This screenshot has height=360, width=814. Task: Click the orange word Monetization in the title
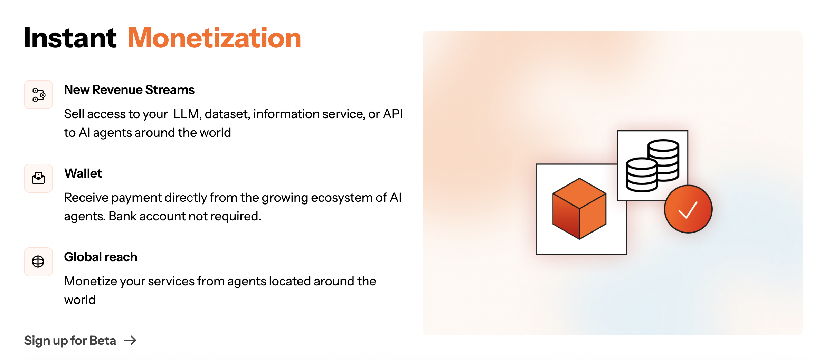214,38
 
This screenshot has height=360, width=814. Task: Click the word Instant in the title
70,38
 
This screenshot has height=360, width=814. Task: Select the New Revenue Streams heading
129,90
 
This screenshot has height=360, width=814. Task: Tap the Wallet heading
83,173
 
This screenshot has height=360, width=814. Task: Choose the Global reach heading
101,257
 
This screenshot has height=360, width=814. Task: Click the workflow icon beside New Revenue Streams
38,95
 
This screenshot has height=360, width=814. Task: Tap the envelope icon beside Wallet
38,178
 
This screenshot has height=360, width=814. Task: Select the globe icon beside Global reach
38,262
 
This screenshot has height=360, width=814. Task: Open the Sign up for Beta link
70,341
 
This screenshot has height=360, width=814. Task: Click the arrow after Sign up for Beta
130,341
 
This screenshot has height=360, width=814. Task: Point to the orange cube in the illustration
579,209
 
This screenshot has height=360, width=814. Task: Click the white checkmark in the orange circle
688,210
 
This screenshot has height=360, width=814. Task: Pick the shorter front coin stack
642,175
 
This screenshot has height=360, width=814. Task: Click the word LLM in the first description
186,114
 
